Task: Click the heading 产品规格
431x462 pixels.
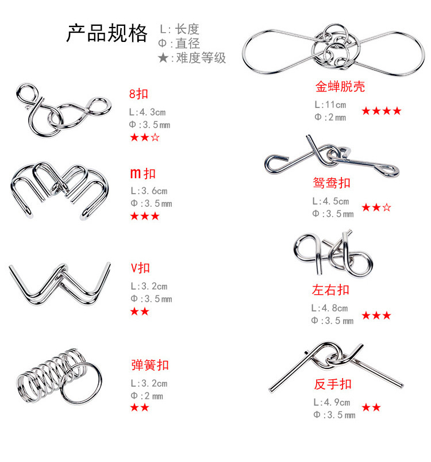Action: pyautogui.click(x=107, y=33)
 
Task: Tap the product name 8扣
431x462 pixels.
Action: pyautogui.click(x=138, y=94)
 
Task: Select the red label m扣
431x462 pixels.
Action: pyautogui.click(x=143, y=174)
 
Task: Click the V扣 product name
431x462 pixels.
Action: pyautogui.click(x=140, y=268)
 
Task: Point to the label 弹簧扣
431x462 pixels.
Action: pyautogui.click(x=150, y=365)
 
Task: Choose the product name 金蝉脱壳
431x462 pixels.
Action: pyautogui.click(x=340, y=87)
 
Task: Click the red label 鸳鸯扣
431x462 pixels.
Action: pyautogui.click(x=332, y=183)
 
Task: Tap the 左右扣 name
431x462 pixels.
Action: pyautogui.click(x=330, y=290)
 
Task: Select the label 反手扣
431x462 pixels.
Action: pyautogui.click(x=333, y=384)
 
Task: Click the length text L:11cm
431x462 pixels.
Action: pyautogui.click(x=330, y=105)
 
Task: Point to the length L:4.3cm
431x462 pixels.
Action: pyautogui.click(x=147, y=112)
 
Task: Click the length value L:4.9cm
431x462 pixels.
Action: pyautogui.click(x=332, y=402)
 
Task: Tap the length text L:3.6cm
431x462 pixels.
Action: pyautogui.click(x=149, y=191)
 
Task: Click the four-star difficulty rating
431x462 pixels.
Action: pyautogui.click(x=382, y=111)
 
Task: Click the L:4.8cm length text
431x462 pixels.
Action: pyautogui.click(x=330, y=308)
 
